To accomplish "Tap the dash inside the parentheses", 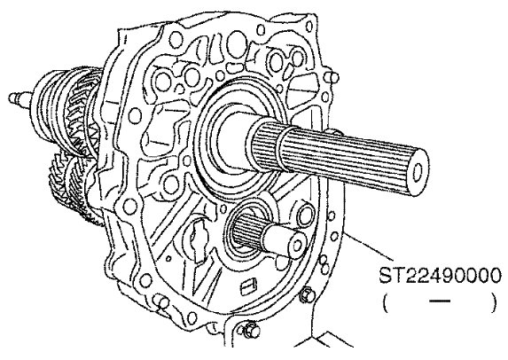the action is click(x=440, y=301).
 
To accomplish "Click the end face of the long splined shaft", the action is click(x=417, y=172).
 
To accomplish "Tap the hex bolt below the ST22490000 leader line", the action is click(x=307, y=293).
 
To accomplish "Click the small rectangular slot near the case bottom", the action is click(x=249, y=286).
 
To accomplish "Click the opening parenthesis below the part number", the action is click(x=385, y=302).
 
